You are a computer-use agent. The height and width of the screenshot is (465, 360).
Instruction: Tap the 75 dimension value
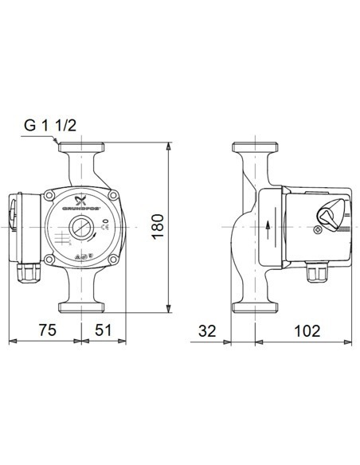49,329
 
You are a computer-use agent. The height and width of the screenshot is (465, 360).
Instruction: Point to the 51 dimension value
103,329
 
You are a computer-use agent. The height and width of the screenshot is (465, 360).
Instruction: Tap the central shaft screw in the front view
80,226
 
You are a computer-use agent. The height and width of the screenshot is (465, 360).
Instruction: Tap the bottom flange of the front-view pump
83,306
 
